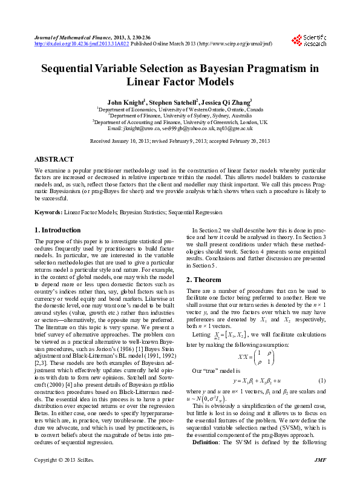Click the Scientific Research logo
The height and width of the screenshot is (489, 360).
[x=309, y=41]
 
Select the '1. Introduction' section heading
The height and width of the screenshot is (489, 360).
[x=57, y=230]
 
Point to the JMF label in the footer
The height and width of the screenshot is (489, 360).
[x=321, y=478]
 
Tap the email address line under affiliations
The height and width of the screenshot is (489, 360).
[x=180, y=129]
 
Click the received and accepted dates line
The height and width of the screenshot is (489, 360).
[x=180, y=140]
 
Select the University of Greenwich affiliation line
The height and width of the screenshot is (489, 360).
[x=180, y=122]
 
